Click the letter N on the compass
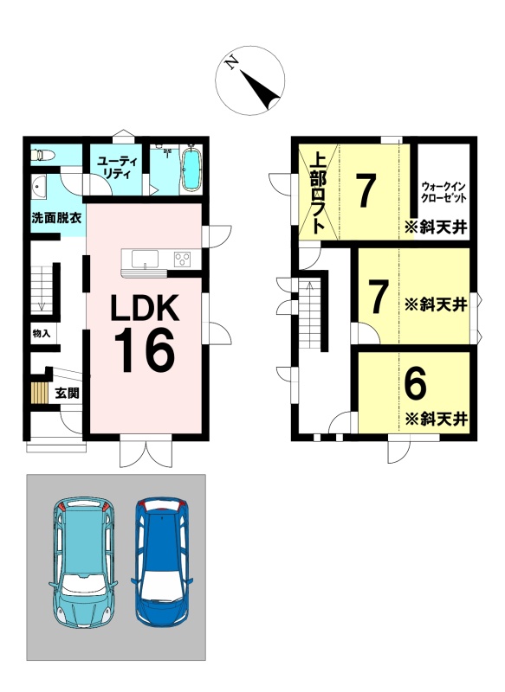point(231,64)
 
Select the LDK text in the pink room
point(145,308)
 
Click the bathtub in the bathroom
point(191,168)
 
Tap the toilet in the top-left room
point(42,155)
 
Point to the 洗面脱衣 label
point(56,218)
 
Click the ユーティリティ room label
point(118,168)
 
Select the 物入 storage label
point(41,334)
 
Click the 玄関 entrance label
point(67,393)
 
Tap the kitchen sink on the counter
point(145,259)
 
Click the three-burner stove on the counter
point(182,258)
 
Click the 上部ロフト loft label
point(318,193)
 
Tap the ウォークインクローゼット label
point(443,192)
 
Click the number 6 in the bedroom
point(415,383)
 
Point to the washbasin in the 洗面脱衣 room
point(39,188)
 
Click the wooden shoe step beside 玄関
point(39,392)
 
